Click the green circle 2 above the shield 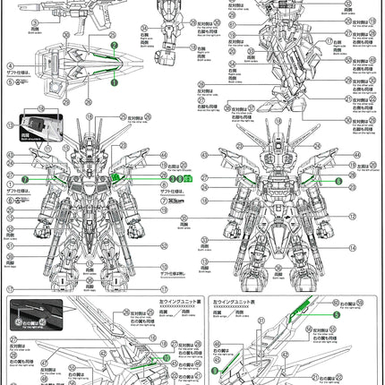point(114,43)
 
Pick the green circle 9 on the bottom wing point(215,367)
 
